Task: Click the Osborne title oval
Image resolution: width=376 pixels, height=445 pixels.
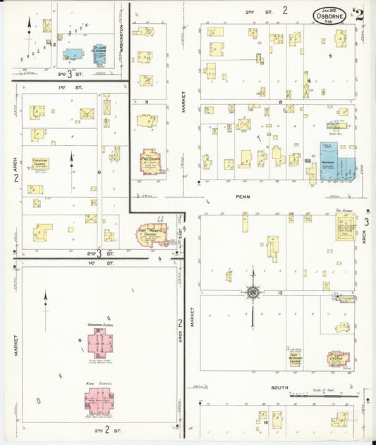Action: (x=330, y=15)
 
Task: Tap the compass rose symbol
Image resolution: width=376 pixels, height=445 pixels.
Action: (x=252, y=292)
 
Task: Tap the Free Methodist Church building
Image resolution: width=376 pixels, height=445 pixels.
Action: (x=296, y=359)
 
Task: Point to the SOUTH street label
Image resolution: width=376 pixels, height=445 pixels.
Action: (x=281, y=388)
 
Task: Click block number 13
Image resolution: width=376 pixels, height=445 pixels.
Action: (x=280, y=292)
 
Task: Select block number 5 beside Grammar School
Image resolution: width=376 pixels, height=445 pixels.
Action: (x=81, y=341)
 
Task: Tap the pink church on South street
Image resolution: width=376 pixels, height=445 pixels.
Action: (x=338, y=358)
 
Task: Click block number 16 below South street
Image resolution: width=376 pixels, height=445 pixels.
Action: (x=266, y=423)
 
